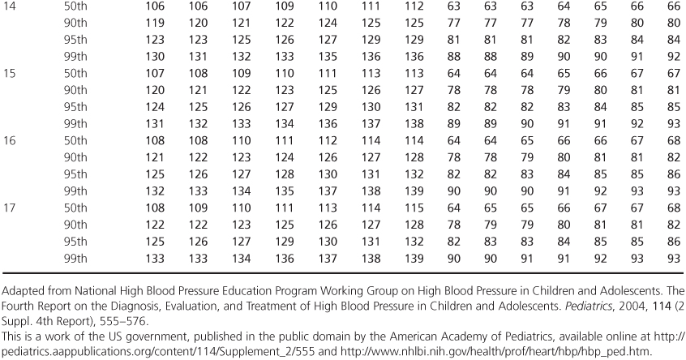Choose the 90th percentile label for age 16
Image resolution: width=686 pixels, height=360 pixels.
tap(78, 154)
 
